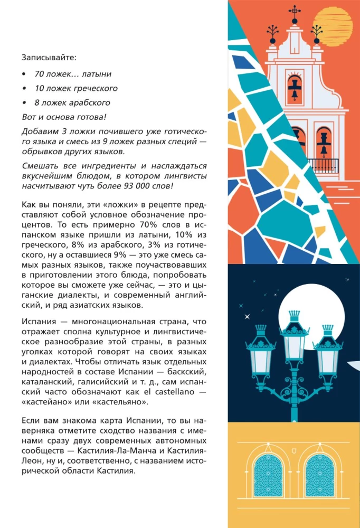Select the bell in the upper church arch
294,88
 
